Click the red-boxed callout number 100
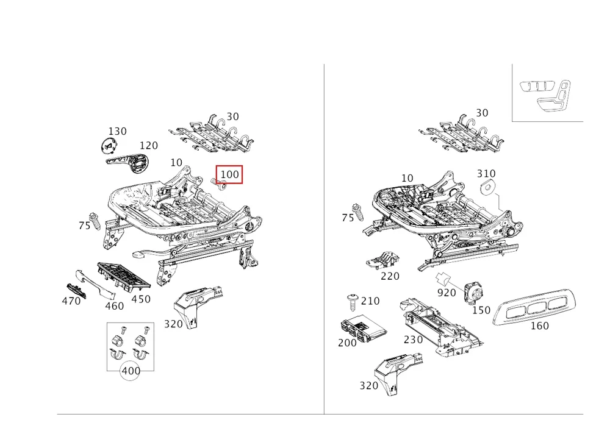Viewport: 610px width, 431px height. point(229,174)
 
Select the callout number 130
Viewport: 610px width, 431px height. point(117,131)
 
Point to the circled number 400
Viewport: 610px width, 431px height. point(131,371)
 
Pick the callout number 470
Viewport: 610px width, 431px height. point(71,301)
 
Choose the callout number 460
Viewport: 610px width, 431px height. point(115,306)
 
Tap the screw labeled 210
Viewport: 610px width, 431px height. point(353,302)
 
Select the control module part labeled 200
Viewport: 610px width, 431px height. point(363,326)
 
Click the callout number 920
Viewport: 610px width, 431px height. point(447,293)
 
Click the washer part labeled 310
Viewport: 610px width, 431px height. point(488,187)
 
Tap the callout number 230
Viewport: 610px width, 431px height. point(413,340)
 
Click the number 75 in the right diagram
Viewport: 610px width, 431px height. point(348,218)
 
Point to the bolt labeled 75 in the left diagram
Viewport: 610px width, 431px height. point(94,221)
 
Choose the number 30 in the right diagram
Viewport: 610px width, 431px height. point(482,113)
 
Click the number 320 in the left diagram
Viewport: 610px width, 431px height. point(173,324)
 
